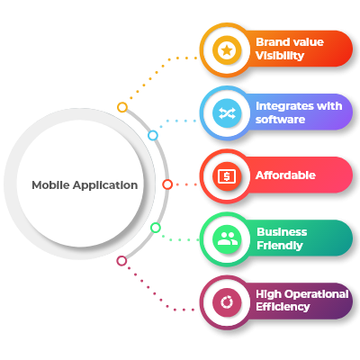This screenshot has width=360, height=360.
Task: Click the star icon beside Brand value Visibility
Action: (227, 50)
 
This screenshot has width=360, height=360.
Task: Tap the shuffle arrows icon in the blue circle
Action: (227, 113)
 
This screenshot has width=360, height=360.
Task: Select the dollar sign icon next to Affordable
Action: (227, 176)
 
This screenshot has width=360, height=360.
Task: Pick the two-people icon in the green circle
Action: (227, 239)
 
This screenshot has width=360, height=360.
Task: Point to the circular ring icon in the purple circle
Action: (227, 302)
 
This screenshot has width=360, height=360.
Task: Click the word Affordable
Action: (285, 175)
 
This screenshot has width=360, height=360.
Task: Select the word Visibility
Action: (280, 56)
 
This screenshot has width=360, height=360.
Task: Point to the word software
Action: (280, 120)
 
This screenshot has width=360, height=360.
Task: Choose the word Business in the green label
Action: (282, 232)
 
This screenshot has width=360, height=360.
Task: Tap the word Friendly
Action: (280, 246)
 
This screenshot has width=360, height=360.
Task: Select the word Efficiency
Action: (283, 307)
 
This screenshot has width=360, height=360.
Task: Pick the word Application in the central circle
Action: (105, 185)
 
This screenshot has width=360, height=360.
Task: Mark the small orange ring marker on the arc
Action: (122, 107)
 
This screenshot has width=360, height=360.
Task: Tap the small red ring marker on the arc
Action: (167, 184)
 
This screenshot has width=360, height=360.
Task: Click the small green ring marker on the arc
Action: (156, 228)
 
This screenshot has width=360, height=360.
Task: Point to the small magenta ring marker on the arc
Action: (121, 261)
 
